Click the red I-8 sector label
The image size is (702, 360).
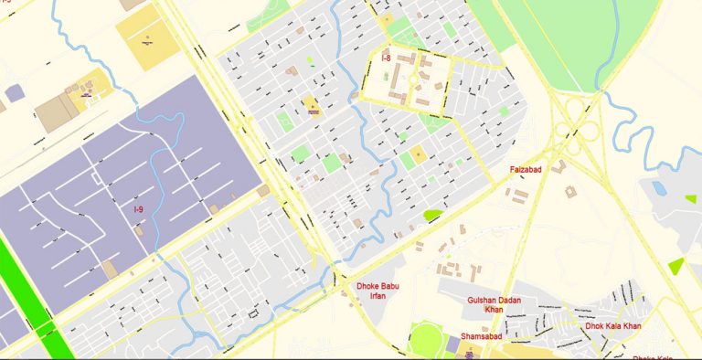point(387,58)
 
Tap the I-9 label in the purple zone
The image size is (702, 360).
point(138,210)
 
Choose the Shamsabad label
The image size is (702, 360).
point(481,336)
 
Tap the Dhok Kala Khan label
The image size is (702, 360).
point(613,326)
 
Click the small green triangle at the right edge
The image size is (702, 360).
point(676,266)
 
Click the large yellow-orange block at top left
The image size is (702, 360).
point(147,40)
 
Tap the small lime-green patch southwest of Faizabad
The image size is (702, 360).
point(431,216)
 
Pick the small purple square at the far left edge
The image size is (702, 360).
point(14,92)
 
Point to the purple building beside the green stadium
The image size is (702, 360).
point(454,345)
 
